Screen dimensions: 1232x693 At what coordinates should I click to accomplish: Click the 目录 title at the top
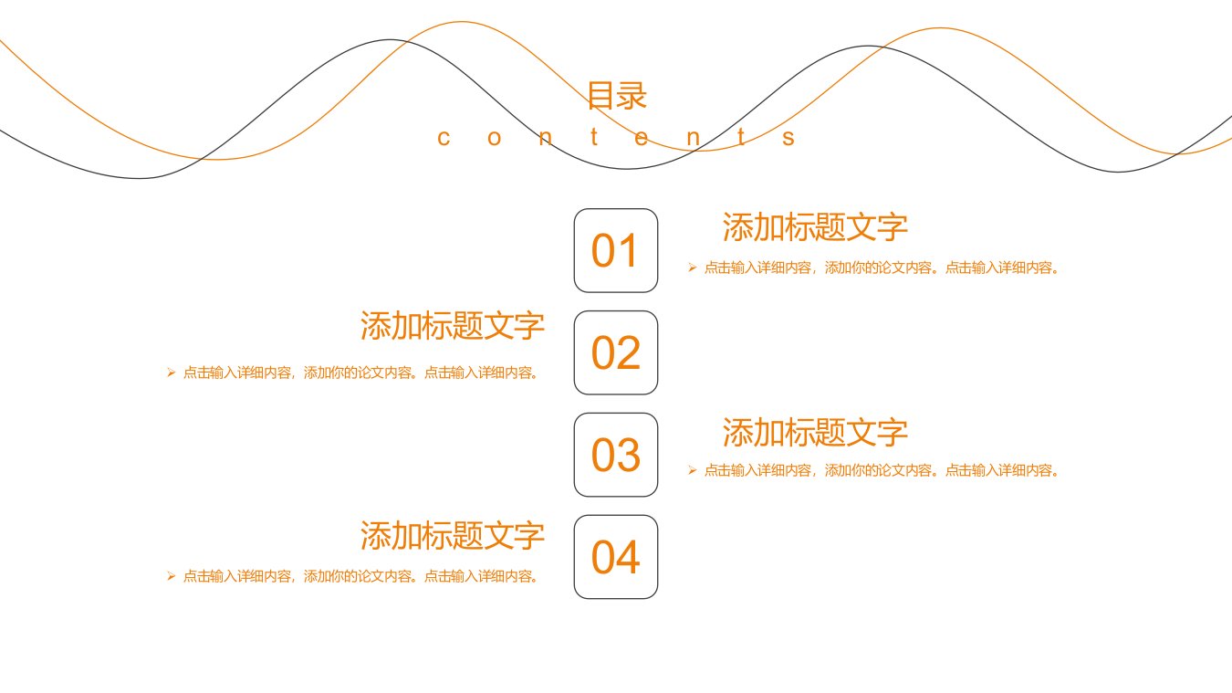[x=617, y=96]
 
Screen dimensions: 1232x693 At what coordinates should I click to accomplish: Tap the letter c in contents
[x=444, y=138]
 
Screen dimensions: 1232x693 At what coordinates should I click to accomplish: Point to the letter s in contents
[x=788, y=138]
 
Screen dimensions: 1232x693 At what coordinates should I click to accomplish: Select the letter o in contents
[x=494, y=138]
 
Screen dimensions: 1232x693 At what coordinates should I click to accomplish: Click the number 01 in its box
[x=614, y=250]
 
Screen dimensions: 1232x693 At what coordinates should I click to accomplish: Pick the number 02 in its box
[x=615, y=352]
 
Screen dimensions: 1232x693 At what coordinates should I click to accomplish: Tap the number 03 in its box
[x=615, y=456]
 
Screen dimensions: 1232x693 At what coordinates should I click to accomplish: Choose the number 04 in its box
[x=615, y=557]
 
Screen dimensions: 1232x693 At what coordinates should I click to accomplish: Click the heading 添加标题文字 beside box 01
[x=815, y=226]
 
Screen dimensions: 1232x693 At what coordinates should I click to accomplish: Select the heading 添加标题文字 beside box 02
[x=453, y=325]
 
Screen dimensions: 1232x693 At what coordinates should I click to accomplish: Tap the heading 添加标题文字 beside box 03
[x=815, y=432]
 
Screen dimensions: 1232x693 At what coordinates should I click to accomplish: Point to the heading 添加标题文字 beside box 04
[x=453, y=535]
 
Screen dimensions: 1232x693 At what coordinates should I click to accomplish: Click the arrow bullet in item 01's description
[x=693, y=268]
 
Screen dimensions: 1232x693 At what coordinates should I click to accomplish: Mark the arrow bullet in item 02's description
[x=171, y=373]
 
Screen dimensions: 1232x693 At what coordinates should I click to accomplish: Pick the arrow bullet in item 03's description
[x=693, y=470]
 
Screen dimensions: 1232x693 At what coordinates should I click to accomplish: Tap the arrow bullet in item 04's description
[x=171, y=576]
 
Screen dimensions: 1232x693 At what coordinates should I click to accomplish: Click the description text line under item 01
[x=882, y=268]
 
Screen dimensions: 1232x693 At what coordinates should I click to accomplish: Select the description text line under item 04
[x=360, y=576]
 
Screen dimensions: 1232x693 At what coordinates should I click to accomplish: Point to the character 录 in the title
[x=632, y=96]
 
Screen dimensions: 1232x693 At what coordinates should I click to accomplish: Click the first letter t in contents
[x=594, y=137]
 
